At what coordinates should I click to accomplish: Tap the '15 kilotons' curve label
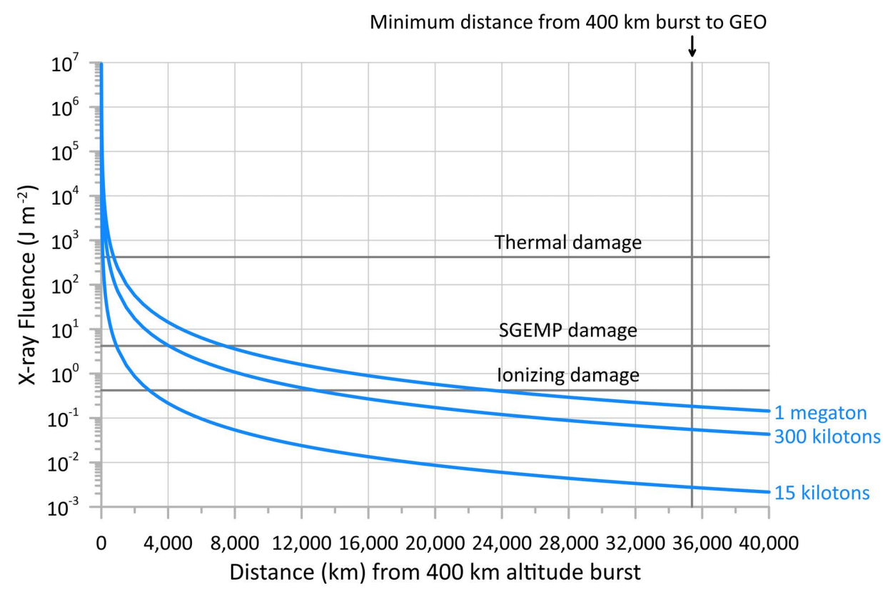point(822,493)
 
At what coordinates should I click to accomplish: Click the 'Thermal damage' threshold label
point(568,243)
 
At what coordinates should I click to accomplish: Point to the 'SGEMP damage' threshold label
point(568,332)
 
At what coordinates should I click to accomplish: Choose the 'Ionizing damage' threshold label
point(568,375)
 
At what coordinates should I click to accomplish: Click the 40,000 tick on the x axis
point(768,543)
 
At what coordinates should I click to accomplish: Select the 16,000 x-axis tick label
point(368,543)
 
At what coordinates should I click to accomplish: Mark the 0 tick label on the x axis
point(101,543)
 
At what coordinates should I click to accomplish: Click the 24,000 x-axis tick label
point(501,543)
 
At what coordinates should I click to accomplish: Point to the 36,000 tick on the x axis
point(701,543)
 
